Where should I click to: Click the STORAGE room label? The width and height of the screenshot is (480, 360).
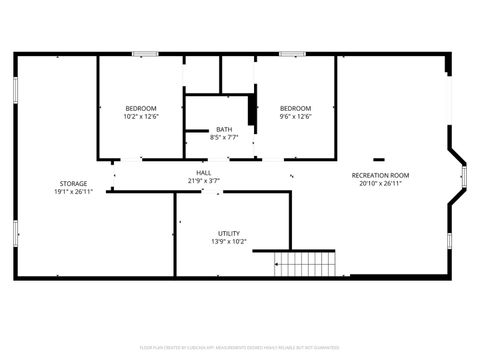[72, 183]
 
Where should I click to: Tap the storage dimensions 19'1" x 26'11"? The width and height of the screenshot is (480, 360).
[72, 191]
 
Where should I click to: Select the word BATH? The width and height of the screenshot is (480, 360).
[225, 129]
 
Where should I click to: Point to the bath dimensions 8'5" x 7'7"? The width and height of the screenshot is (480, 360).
[225, 137]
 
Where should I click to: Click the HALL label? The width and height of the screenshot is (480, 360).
[203, 173]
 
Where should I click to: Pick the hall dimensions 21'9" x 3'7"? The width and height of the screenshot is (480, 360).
[203, 181]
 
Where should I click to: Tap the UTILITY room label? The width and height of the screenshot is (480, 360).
[229, 233]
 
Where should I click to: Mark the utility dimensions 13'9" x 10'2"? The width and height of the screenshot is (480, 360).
[229, 241]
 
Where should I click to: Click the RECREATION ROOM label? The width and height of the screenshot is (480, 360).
[380, 176]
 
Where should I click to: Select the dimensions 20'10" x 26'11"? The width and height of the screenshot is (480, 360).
[380, 184]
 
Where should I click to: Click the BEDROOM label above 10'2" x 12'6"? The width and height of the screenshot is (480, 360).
[140, 108]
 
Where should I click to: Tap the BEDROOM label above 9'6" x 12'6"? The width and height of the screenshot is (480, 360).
[295, 108]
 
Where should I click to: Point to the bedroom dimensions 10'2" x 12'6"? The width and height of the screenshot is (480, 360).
[140, 116]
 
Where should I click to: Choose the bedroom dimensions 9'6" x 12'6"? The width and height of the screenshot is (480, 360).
[295, 116]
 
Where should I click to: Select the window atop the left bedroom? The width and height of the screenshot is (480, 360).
[145, 54]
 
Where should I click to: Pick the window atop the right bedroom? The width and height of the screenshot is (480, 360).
[292, 54]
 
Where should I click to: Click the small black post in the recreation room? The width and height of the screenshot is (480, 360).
[379, 158]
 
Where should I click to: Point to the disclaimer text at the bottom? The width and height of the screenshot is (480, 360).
[240, 347]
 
